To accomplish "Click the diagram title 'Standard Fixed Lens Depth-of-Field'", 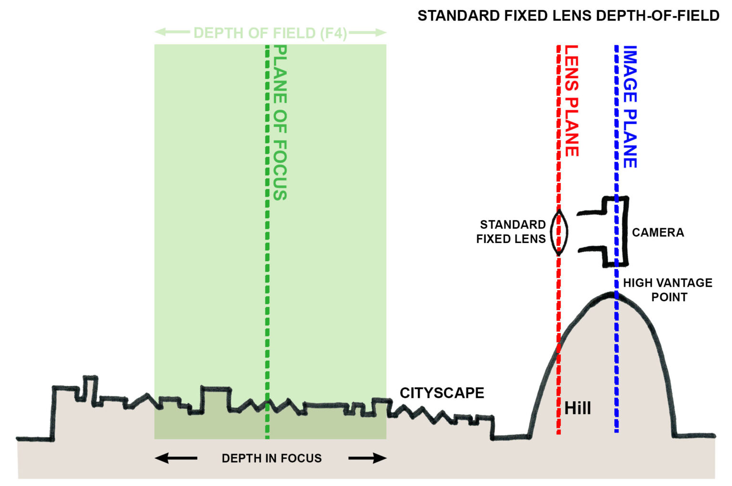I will point(568,16).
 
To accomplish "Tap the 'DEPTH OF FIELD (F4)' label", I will point(270,33).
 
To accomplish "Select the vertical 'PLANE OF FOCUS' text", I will point(280,122).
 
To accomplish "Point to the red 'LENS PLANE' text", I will point(571,101).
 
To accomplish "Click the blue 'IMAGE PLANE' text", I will point(630,107).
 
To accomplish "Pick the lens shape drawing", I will point(559,233).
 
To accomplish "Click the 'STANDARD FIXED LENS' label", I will point(511,232).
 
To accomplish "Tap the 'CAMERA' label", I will point(658,233).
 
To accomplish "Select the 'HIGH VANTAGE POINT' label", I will point(668,290).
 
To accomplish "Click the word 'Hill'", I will point(578,408).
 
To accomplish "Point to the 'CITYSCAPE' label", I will point(442,393).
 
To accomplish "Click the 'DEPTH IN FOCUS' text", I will point(272,458).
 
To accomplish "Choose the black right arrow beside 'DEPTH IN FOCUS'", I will point(367,458).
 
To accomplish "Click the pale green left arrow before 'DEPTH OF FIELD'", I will point(172,32).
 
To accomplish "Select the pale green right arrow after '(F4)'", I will point(367,32).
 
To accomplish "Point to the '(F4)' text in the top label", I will point(333,33).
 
